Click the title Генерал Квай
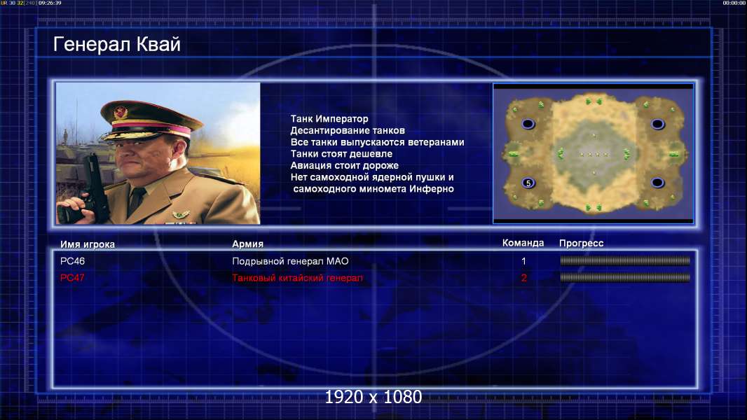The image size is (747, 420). pos(117,44)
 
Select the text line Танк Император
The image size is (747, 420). pos(329,119)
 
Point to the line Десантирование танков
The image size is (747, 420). pos(348,130)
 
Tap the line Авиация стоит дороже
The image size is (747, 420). pos(345,165)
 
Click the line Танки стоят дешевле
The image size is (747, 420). pos(341,153)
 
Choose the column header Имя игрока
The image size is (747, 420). pos(87,244)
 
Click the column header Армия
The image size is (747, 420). pos(247,244)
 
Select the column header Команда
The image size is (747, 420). pos(523,243)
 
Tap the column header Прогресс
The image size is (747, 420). pos(581,243)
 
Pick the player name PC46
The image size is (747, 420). pos(72,261)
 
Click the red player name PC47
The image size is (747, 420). pos(72,278)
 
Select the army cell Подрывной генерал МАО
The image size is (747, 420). pos(290,261)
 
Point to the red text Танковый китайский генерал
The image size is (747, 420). pos(297,278)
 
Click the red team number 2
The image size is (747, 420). pos(523,278)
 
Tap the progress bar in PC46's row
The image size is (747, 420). pos(624,260)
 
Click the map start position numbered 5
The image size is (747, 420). pos(528,183)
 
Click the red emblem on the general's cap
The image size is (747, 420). pos(121,113)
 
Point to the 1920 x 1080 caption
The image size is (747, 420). pos(373,397)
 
